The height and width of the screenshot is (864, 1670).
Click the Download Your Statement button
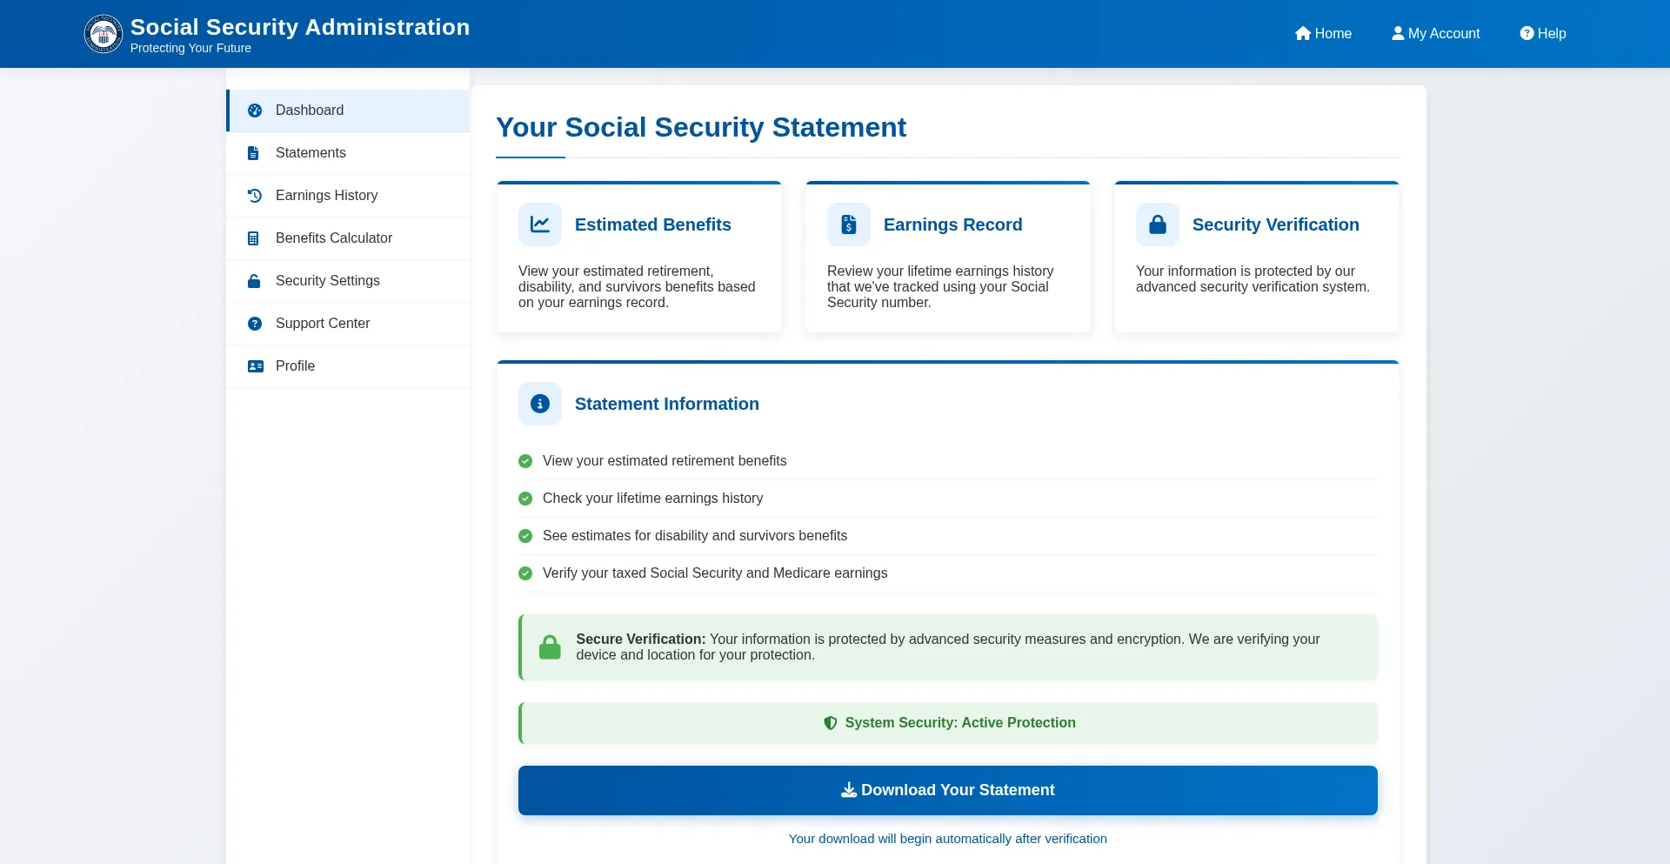947,790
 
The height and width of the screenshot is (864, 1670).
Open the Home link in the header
1323,33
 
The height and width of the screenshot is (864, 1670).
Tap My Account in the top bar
1435,33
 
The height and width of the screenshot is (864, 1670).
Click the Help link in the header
1543,33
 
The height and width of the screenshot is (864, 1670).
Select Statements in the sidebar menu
311,153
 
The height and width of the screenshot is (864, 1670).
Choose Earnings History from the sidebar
326,196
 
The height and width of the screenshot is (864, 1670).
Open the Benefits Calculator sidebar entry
333,238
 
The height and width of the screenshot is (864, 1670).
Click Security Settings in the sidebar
327,281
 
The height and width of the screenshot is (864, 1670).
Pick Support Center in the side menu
322,324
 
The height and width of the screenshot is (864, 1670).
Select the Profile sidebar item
295,366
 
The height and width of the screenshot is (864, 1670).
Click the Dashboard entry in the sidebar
309,111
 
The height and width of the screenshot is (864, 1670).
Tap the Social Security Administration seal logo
104,34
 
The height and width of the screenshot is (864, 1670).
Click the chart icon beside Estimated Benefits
540,224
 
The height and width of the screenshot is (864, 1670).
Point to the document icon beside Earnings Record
849,224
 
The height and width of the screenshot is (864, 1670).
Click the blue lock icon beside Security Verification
1158,224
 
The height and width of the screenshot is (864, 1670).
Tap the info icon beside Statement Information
540,404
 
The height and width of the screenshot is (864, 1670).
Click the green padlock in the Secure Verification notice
550,647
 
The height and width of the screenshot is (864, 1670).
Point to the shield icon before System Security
831,723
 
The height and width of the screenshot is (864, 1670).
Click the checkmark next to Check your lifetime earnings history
525,499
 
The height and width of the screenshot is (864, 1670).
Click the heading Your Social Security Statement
700,128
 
